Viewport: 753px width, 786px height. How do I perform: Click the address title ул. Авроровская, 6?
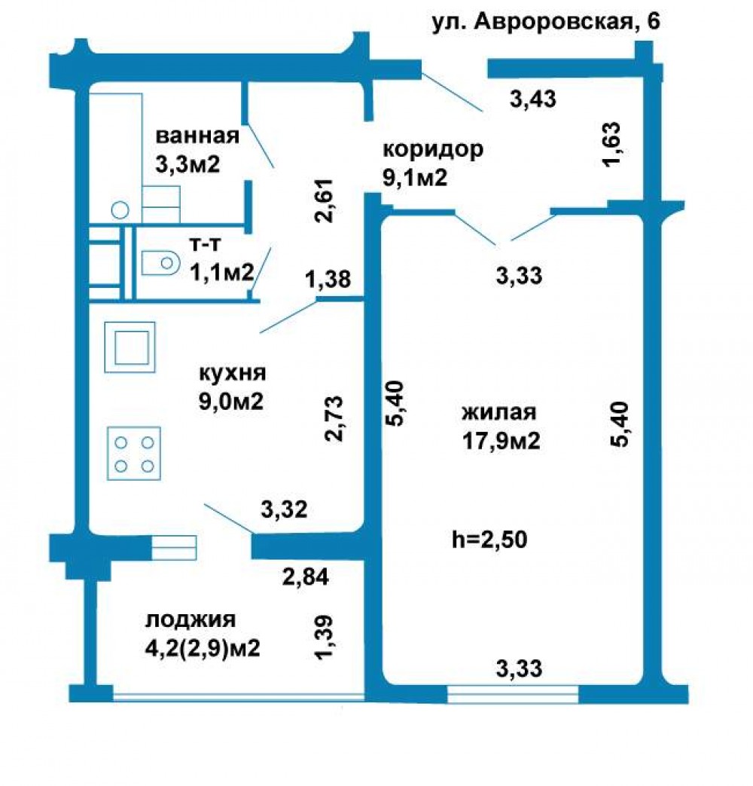point(546,23)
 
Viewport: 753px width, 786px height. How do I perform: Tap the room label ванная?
point(197,136)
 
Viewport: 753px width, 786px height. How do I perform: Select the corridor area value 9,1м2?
point(415,177)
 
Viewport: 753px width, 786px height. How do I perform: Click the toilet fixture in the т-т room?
point(160,263)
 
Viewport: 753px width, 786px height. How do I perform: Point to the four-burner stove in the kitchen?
point(134,454)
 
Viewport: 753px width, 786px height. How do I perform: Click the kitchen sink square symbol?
point(130,347)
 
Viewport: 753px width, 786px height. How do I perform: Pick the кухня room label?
point(233,373)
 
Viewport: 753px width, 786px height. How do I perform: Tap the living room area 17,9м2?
point(501,441)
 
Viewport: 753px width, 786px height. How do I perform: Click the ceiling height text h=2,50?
point(489,540)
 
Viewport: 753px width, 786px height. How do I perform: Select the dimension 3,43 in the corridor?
point(532,99)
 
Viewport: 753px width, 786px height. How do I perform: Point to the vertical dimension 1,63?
point(611,145)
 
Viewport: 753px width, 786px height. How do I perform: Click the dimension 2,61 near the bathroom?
point(323,200)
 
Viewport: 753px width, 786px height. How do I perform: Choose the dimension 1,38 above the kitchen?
point(328,280)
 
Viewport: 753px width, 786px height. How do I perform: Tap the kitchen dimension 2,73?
point(334,418)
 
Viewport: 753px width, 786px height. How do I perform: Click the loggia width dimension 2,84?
point(306,577)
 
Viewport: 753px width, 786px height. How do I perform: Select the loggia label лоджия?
point(191,620)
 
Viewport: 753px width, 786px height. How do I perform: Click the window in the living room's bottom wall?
point(513,695)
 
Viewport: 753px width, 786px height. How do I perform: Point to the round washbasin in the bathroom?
point(120,209)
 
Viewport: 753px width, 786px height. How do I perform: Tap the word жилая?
point(499,412)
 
